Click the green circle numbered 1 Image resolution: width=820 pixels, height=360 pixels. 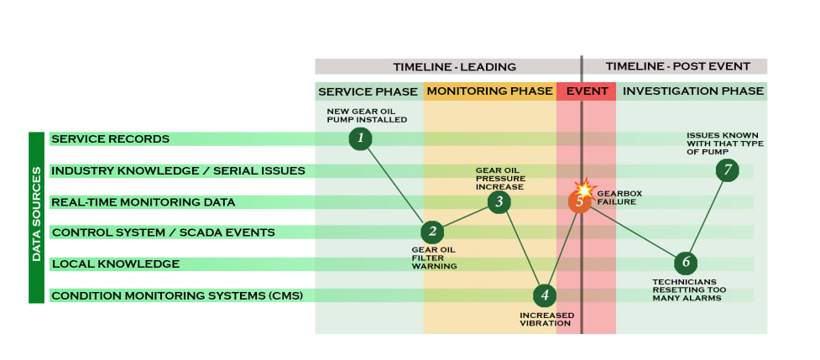click(360, 138)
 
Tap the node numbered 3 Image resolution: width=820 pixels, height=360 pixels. click(499, 201)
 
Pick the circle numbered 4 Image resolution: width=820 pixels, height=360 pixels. click(545, 295)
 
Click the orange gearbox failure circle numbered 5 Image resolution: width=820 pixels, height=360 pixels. click(580, 201)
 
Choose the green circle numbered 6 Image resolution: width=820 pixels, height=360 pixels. click(686, 263)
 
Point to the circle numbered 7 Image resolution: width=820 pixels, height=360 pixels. click(728, 170)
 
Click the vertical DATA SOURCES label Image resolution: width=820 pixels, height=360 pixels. click(37, 217)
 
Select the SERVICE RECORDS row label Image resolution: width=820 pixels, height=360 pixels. click(109, 138)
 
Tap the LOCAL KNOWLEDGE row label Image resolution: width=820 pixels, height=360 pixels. click(115, 263)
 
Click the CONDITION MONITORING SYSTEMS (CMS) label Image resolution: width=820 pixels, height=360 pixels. click(176, 295)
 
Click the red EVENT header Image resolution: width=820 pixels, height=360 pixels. click(586, 91)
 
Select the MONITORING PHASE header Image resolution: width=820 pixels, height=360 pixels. click(489, 91)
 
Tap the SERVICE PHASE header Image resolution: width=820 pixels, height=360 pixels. click(368, 91)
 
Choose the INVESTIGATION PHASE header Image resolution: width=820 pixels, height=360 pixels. click(692, 91)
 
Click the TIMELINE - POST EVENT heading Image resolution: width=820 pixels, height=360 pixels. click(675, 66)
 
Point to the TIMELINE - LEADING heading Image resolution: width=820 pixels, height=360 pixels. click(454, 66)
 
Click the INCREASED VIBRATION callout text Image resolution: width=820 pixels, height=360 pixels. click(546, 320)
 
